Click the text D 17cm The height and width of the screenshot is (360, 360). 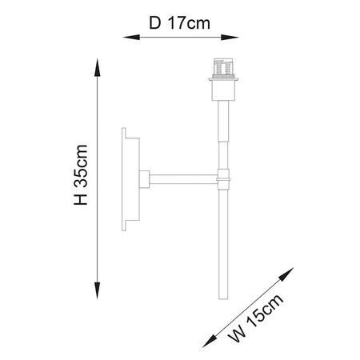pyautogui.click(x=179, y=22)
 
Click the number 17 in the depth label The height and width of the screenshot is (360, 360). pyautogui.click(x=174, y=22)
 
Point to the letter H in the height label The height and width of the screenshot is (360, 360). pyautogui.click(x=80, y=200)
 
